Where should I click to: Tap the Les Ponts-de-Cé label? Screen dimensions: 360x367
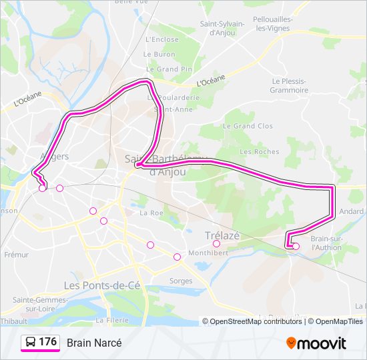tap(99, 285)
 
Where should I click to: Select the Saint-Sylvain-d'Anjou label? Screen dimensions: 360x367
tap(222, 28)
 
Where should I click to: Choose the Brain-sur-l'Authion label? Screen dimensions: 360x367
tap(326, 243)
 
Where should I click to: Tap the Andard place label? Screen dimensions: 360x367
tap(351, 211)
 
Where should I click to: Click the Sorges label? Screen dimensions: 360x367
tap(181, 281)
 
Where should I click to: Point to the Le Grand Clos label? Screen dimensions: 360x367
tap(248, 125)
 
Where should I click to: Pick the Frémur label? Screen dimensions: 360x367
tap(16, 255)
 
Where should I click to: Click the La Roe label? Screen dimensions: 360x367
tap(151, 213)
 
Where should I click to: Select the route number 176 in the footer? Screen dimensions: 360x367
tap(47, 342)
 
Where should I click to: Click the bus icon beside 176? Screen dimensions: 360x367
tap(31, 343)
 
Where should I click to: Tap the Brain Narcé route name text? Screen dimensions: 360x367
tap(94, 343)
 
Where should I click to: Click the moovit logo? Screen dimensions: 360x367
tap(316, 343)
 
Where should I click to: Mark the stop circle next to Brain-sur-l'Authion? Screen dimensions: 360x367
tap(296, 247)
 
